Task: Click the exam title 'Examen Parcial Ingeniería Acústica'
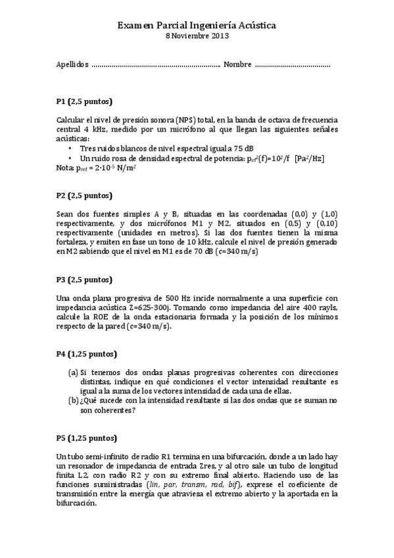click(197, 24)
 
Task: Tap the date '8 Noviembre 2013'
click(197, 36)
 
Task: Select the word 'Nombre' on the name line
click(237, 64)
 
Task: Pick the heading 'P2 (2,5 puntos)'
click(84, 195)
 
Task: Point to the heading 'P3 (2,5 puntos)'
click(84, 279)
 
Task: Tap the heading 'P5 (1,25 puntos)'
click(86, 438)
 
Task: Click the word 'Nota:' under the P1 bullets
click(66, 168)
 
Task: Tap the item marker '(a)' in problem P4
click(74, 372)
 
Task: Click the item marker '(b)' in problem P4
click(74, 400)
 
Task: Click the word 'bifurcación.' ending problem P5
click(77, 502)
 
